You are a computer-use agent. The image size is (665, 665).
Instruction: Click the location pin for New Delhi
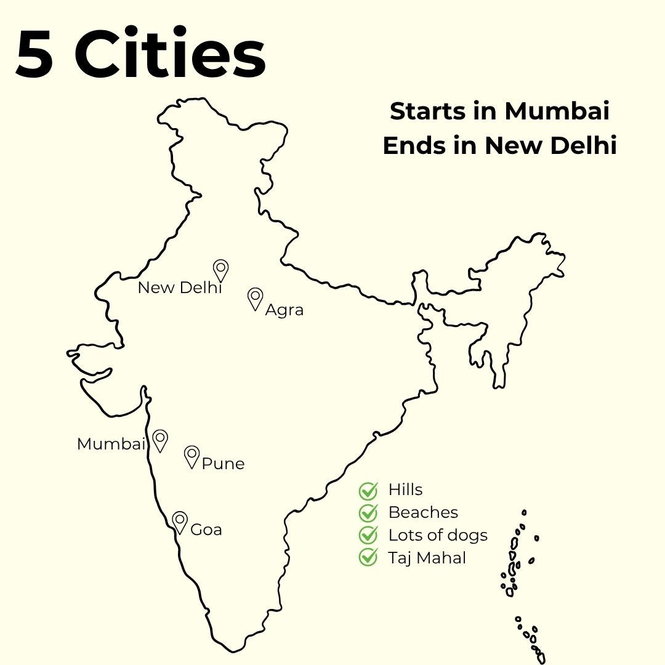pyautogui.click(x=220, y=270)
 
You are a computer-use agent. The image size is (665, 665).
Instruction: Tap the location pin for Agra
pyautogui.click(x=255, y=298)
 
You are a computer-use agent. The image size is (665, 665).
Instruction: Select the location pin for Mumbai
pyautogui.click(x=160, y=440)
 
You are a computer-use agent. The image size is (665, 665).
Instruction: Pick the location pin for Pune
pyautogui.click(x=192, y=456)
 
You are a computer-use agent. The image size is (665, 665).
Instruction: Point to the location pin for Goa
pyautogui.click(x=180, y=522)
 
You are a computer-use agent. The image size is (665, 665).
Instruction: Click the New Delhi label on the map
pyautogui.click(x=179, y=288)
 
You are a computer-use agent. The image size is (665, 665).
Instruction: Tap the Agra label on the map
pyautogui.click(x=284, y=310)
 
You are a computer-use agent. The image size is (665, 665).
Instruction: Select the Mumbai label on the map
pyautogui.click(x=111, y=444)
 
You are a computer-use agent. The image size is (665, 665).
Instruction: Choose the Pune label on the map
pyautogui.click(x=223, y=464)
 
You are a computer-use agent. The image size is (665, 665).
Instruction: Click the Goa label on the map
pyautogui.click(x=206, y=530)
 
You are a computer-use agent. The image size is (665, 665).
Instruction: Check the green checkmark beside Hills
pyautogui.click(x=368, y=491)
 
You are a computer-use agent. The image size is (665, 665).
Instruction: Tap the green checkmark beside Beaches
pyautogui.click(x=368, y=512)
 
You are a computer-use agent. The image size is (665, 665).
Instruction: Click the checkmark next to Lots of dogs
pyautogui.click(x=368, y=534)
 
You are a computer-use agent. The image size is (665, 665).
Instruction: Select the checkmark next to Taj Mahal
pyautogui.click(x=368, y=557)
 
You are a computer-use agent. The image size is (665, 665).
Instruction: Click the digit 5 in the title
pyautogui.click(x=34, y=55)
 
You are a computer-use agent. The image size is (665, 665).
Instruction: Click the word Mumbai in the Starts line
pyautogui.click(x=557, y=112)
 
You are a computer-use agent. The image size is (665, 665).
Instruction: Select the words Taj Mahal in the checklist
pyautogui.click(x=427, y=558)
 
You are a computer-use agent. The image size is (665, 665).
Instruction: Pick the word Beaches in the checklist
pyautogui.click(x=424, y=512)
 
